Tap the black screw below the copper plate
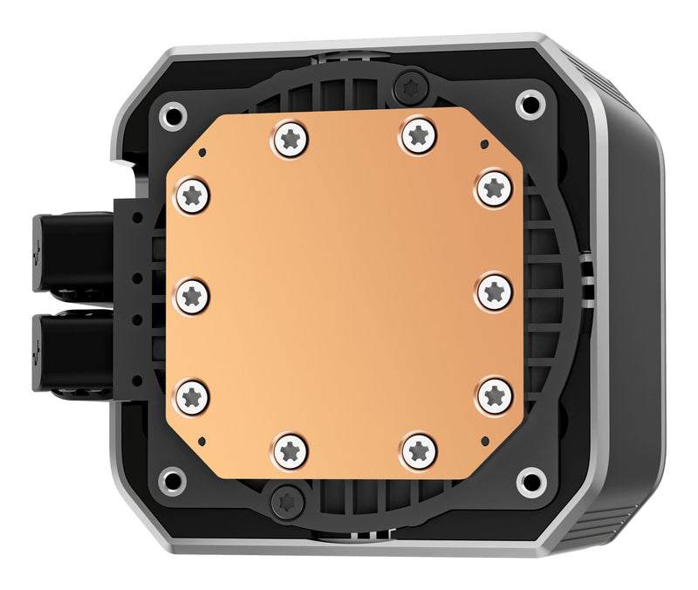point(286,502)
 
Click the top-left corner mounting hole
point(173,113)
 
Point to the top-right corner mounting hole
point(530,106)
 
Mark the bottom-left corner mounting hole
point(173,480)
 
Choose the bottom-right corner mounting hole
point(530,481)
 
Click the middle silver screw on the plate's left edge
point(192,295)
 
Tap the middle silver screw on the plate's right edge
point(494,292)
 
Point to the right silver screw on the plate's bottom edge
point(419,450)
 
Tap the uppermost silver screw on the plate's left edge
point(192,195)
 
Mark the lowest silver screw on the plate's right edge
point(494,394)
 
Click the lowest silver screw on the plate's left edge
point(192,395)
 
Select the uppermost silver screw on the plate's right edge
point(494,187)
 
